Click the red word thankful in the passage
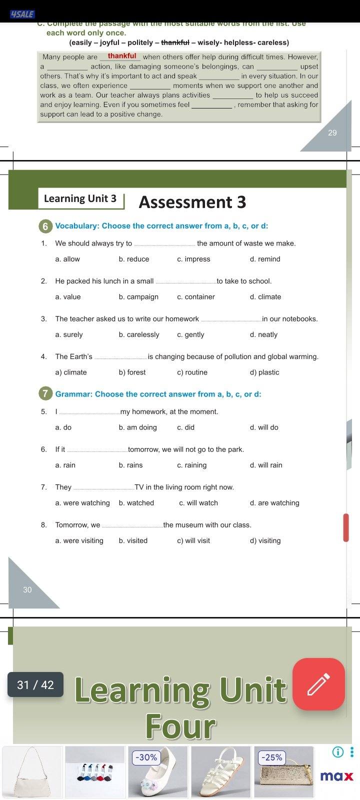tap(121, 56)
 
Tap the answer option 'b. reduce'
tap(134, 259)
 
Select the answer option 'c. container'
tap(196, 297)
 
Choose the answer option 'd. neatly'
tap(263, 334)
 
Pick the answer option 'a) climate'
tap(71, 372)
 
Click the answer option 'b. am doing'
tap(138, 427)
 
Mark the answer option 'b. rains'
tap(131, 465)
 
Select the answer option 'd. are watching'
tap(274, 503)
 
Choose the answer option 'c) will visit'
tap(193, 540)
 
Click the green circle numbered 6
tap(45, 226)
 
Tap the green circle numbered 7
tap(45, 394)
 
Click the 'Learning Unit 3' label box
tap(80, 198)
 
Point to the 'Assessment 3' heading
tap(192, 202)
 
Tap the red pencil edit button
tap(318, 684)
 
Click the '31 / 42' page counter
tap(35, 684)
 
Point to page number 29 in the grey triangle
tap(332, 133)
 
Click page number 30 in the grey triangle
tap(27, 590)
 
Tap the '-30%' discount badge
tap(146, 757)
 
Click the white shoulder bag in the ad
tap(32, 772)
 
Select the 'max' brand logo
tap(336, 776)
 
